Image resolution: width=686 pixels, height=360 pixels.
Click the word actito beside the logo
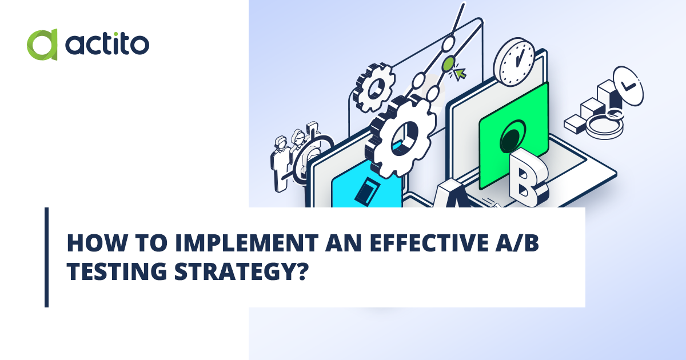pos(107,45)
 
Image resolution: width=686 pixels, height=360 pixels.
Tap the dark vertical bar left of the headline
pos(47,257)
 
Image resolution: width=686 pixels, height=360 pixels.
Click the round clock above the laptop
pos(514,61)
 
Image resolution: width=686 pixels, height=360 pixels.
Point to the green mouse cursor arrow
pos(460,74)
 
